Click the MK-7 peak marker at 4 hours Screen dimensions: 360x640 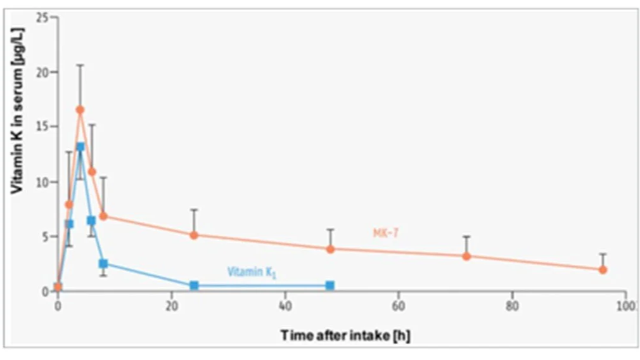[80, 110]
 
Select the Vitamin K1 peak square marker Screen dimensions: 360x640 [80, 146]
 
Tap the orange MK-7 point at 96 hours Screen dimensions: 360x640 [603, 269]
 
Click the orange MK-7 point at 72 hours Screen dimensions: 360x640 [466, 256]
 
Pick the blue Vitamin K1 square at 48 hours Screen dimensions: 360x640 [330, 286]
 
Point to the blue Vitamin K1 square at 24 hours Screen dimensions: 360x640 [194, 286]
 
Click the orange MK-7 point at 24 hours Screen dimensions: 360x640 [194, 235]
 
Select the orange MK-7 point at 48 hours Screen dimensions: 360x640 [330, 249]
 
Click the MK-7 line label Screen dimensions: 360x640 [385, 233]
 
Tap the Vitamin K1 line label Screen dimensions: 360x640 [252, 273]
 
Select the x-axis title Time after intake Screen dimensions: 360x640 [345, 335]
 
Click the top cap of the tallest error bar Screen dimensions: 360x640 [80, 65]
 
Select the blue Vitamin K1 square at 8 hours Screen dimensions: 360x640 [103, 263]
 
